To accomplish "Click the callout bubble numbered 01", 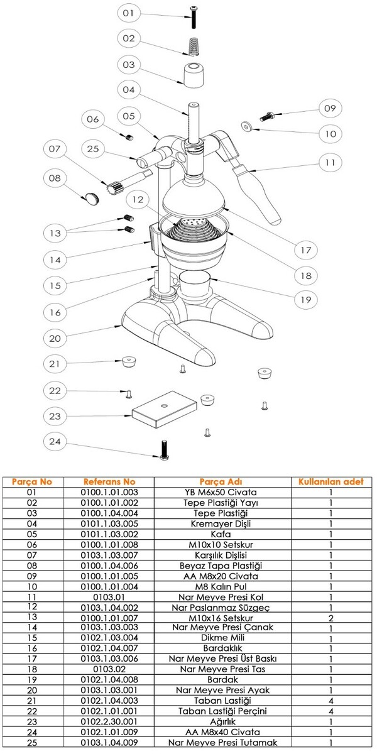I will (128, 13).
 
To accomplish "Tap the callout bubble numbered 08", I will (55, 178).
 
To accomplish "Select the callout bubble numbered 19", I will (305, 300).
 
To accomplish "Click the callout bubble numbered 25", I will (93, 150).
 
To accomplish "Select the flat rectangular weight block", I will (164, 410).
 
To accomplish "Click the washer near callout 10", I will (248, 126).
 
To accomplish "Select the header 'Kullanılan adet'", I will (331, 482).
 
